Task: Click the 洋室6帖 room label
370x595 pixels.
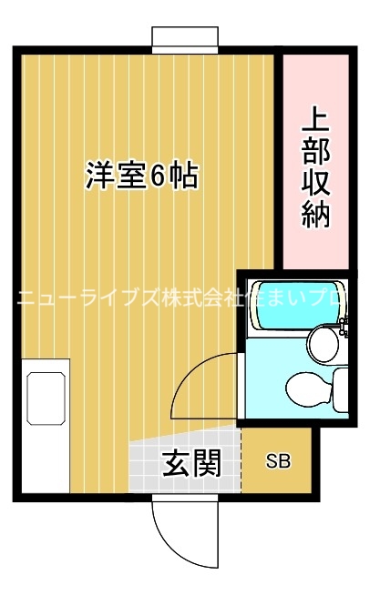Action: pos(142,175)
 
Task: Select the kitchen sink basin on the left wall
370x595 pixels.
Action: pos(46,397)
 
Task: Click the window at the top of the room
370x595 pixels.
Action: pos(185,39)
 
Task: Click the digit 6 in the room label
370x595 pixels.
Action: pos(158,175)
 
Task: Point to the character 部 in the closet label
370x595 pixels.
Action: pos(314,153)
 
